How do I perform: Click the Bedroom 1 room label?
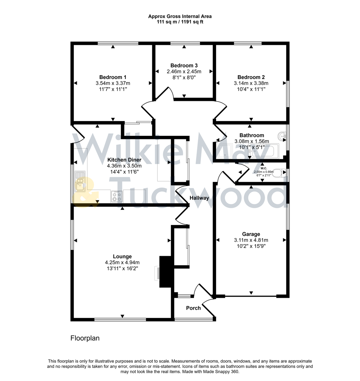point(112,77)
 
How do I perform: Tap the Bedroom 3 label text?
point(184,65)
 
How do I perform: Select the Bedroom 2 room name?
point(251,77)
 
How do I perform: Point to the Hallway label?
point(199,198)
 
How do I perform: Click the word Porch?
point(193,308)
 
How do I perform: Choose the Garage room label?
point(251,234)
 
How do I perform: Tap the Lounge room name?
point(122,256)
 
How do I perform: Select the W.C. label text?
point(264,168)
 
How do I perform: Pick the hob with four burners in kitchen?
point(117,196)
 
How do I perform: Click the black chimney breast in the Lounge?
point(165,272)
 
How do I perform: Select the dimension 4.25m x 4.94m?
point(122,262)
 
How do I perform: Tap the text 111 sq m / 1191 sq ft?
point(180,22)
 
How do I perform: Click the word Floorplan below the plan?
point(85,338)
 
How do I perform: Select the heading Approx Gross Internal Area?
point(180,16)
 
